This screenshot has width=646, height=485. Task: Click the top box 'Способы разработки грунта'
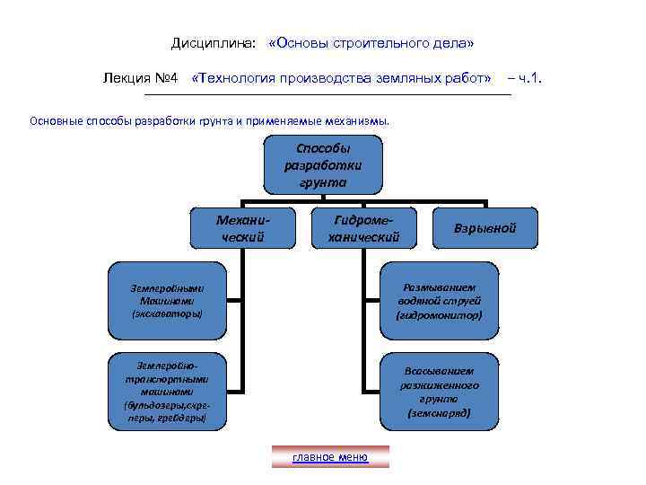pos(324,165)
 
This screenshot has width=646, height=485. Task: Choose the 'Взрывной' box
pos(486,228)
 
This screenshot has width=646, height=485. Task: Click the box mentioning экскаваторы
pos(167,301)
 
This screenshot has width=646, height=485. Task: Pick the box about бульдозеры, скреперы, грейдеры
pos(167,392)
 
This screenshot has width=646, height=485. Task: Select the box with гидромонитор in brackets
pos(440,301)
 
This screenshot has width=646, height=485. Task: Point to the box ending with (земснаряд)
pos(440,392)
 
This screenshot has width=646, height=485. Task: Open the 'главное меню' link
pos(330,457)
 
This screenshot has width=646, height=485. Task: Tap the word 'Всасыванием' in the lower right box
pos(440,370)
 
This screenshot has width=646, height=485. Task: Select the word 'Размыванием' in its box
pos(440,287)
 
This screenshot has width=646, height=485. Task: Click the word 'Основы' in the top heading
pos(304,44)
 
